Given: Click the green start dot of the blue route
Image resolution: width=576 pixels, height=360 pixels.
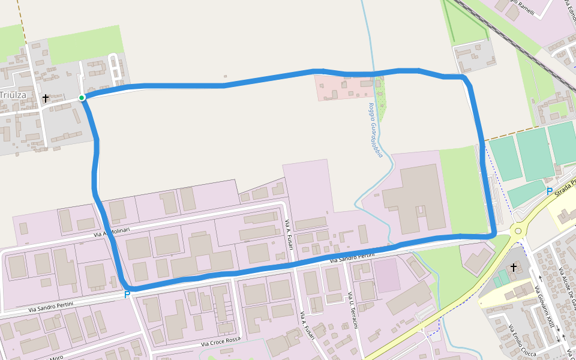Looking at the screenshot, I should pyautogui.click(x=82, y=98).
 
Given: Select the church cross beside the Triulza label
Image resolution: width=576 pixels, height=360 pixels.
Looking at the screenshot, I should pyautogui.click(x=46, y=97).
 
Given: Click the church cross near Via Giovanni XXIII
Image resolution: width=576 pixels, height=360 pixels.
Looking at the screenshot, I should pyautogui.click(x=514, y=267).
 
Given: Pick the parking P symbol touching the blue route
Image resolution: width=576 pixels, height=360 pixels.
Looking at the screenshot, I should pyautogui.click(x=127, y=295).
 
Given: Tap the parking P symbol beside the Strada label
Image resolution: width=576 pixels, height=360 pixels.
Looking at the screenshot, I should pyautogui.click(x=549, y=191).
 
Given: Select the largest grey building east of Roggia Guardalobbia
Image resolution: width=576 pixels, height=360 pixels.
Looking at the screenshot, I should pyautogui.click(x=415, y=197).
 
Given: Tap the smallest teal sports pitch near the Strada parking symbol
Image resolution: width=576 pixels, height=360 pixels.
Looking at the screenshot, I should pyautogui.click(x=526, y=193).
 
